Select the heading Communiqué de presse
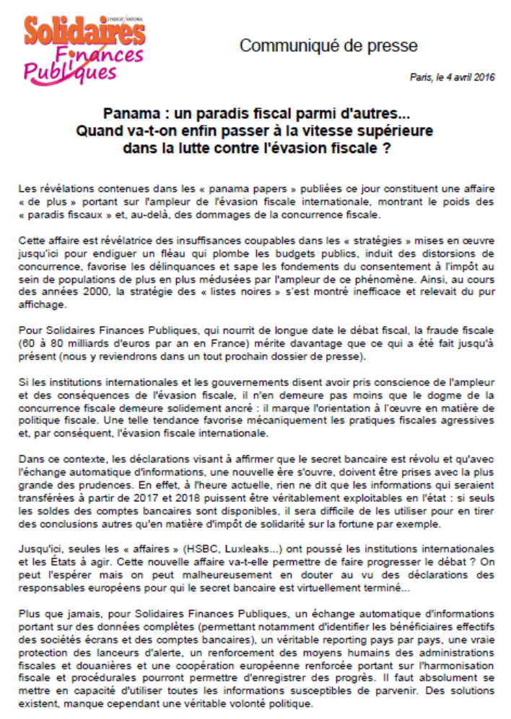[328, 47]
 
